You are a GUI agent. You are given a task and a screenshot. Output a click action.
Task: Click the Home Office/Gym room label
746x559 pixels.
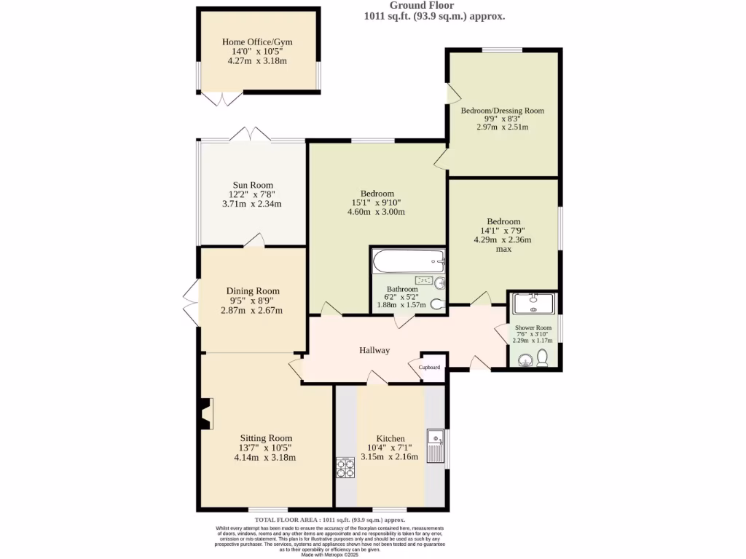(x=257, y=42)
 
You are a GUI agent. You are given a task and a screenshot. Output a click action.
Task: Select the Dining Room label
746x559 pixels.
(x=252, y=291)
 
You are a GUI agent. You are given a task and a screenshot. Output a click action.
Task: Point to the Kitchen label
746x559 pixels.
(x=390, y=438)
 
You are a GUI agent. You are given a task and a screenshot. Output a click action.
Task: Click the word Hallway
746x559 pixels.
(x=374, y=350)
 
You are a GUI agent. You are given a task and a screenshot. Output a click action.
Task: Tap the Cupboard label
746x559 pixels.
(x=429, y=368)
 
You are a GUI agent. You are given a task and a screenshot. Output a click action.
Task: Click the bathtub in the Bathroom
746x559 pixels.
(x=408, y=260)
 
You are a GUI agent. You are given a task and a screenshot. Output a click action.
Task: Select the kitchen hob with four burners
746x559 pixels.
(x=345, y=467)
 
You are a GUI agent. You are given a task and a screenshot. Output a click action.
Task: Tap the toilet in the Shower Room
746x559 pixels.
(x=542, y=357)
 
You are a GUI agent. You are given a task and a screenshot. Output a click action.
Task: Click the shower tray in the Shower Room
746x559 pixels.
(x=534, y=302)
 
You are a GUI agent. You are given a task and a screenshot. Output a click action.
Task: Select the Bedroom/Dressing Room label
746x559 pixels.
(x=502, y=111)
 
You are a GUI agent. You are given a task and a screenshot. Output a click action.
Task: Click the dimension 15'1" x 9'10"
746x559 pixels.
(x=376, y=202)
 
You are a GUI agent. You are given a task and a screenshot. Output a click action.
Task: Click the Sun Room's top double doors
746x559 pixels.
(x=249, y=134)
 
